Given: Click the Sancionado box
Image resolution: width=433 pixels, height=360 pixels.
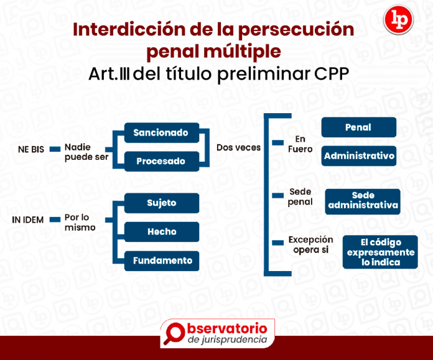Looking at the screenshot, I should (161, 132).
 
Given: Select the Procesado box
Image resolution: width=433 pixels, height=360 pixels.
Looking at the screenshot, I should (161, 161).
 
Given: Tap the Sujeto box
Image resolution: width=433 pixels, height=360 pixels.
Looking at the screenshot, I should (162, 203).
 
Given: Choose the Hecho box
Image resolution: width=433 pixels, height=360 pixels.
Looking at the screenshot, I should (162, 231).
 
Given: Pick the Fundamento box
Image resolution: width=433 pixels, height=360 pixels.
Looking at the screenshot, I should (162, 261).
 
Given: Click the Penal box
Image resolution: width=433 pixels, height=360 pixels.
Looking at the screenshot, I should (358, 127).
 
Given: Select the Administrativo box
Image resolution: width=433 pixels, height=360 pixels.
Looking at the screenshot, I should (359, 155).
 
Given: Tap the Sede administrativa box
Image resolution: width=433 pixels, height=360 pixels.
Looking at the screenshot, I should (363, 201).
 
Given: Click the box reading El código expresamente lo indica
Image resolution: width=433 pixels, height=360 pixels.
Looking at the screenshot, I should (380, 252).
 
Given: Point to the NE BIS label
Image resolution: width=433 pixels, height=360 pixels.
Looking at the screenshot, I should (30, 149).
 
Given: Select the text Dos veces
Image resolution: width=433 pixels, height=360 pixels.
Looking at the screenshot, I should (238, 147).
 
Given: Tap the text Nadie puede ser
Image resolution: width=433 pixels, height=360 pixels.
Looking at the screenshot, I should (86, 152).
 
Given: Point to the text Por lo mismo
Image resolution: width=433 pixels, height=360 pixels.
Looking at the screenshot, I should (80, 222).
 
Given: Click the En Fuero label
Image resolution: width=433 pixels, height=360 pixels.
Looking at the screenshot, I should (300, 144).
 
